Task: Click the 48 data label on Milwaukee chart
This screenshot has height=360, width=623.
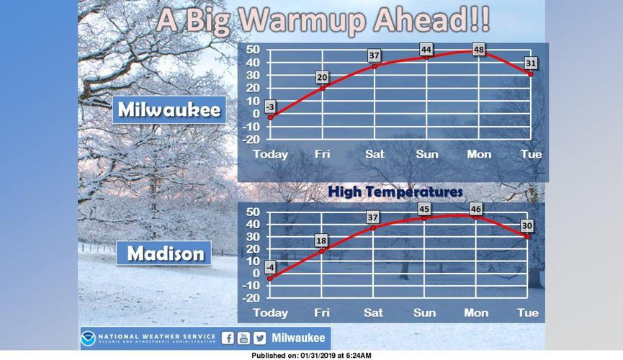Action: point(479,49)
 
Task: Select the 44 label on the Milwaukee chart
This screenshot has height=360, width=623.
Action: point(426,49)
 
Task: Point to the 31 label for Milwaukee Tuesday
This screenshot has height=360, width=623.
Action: point(532,63)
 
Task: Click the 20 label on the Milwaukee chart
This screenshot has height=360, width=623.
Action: point(323,78)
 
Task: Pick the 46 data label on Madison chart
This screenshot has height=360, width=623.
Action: point(476,210)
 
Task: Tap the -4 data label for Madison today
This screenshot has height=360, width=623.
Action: point(270,267)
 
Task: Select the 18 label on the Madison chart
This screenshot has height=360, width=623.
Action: point(322,240)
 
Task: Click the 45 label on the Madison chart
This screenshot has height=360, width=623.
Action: point(424,210)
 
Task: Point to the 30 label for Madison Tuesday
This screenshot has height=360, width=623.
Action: point(528,226)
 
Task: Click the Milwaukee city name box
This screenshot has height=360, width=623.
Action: point(169,109)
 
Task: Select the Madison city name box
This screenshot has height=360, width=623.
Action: point(166,253)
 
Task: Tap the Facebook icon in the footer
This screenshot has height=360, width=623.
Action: point(228,338)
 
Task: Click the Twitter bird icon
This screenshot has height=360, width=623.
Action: point(259,338)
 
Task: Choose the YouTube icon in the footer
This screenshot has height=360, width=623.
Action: point(243,338)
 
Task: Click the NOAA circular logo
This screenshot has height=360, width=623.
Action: point(89,338)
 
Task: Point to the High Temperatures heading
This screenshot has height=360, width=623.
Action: point(395,192)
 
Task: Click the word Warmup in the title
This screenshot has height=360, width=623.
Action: point(305,19)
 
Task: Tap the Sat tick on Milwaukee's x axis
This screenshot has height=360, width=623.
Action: point(374,154)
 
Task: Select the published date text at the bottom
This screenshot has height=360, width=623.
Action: point(311,356)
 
